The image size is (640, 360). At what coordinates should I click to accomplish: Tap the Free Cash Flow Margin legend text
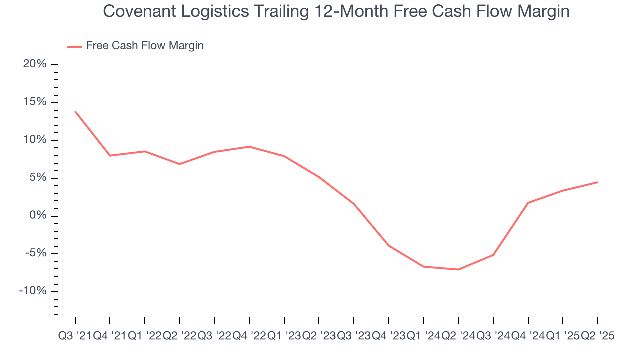(x=145, y=46)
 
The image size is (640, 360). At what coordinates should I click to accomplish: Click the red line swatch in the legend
(x=75, y=46)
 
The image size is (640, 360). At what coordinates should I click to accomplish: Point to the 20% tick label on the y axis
(x=34, y=64)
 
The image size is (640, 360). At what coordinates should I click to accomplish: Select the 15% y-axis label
(x=34, y=102)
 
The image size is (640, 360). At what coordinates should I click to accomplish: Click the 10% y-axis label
(x=34, y=140)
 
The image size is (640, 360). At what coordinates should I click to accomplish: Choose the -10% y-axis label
(x=33, y=291)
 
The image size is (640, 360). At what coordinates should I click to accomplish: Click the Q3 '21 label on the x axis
(x=75, y=336)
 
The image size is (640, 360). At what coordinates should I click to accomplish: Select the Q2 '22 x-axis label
(x=179, y=336)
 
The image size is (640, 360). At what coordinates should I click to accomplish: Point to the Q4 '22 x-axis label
(x=249, y=336)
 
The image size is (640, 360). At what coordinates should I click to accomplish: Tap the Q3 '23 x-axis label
(x=354, y=336)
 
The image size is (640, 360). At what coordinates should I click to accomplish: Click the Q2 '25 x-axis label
(x=597, y=336)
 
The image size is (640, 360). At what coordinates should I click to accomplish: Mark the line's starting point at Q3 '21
(x=75, y=111)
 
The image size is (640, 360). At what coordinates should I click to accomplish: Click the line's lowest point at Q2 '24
(x=458, y=270)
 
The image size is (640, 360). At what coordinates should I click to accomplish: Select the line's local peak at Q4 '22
(x=249, y=147)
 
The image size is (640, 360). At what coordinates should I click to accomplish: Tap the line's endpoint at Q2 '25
(x=597, y=182)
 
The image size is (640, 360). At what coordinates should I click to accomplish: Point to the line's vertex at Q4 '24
(x=528, y=203)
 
